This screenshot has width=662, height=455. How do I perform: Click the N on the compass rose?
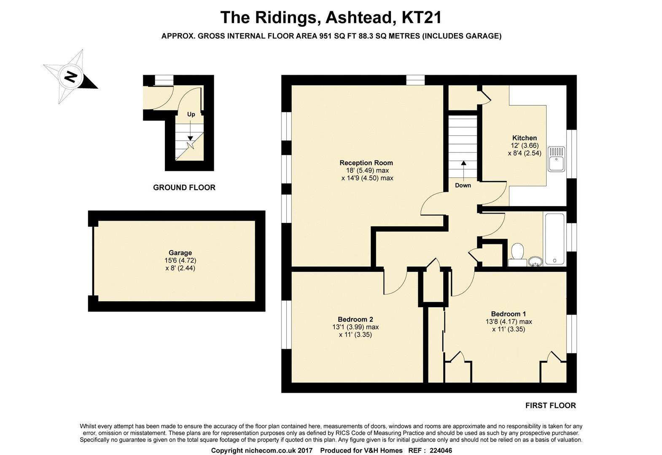(71, 77)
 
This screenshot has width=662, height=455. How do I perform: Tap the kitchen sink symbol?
(556, 159)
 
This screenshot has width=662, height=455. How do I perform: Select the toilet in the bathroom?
(517, 254)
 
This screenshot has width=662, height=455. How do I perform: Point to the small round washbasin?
(535, 261)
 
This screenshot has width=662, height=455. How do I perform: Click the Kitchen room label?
(525, 138)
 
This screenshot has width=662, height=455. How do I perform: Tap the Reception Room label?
(366, 163)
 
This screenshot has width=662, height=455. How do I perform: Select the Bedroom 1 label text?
(509, 314)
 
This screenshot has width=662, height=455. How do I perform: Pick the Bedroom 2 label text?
(355, 319)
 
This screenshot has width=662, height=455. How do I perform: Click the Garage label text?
(180, 253)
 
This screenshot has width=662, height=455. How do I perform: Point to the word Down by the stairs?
(463, 185)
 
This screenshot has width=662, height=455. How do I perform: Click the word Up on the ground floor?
(191, 114)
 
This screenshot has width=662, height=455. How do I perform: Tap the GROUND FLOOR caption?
(184, 187)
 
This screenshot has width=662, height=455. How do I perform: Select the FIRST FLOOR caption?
(551, 405)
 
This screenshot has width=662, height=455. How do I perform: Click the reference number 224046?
(441, 450)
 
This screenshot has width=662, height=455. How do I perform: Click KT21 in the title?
(421, 17)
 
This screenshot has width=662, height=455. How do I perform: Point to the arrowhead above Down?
(464, 163)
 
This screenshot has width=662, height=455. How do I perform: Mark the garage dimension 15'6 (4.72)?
(180, 260)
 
